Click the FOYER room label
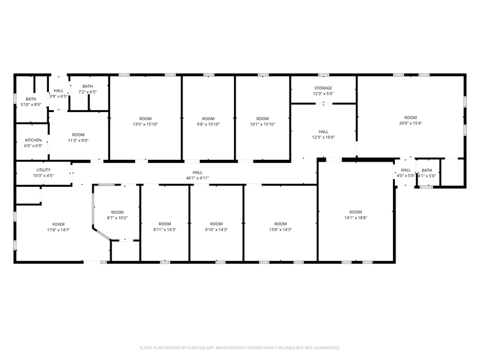pos(58,225)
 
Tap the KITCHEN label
pos(33,140)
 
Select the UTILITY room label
pos(43,170)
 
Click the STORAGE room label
pos(323,88)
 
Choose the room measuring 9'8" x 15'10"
pos(208,121)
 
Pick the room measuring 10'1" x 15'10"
pos(262,121)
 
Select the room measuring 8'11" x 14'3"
pos(164,227)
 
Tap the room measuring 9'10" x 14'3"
pos(216,227)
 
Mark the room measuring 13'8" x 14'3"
pos(280,227)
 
